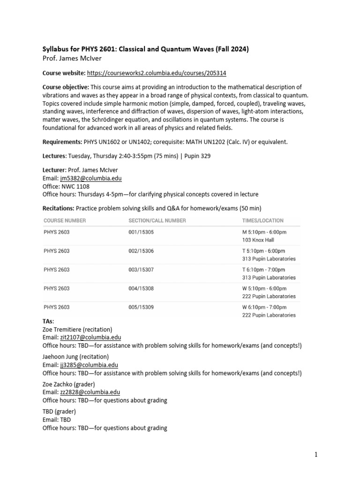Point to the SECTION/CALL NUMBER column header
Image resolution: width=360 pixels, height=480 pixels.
157,220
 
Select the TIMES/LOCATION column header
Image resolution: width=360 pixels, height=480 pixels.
262,220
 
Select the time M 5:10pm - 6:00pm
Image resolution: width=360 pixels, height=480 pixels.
264,232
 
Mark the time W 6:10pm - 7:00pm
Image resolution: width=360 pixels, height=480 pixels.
264,307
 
